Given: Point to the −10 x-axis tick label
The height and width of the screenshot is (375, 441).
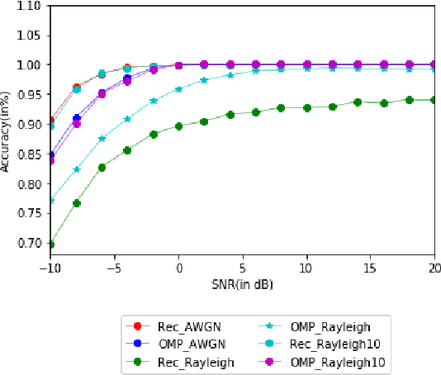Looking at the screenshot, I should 51,268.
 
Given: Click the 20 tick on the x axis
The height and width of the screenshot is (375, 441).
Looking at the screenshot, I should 434,268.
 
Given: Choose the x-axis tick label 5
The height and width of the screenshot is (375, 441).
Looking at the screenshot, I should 243,268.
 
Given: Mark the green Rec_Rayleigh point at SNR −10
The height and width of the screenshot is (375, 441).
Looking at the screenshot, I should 51,244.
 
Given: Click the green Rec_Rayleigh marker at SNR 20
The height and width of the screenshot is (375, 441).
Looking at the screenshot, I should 434,100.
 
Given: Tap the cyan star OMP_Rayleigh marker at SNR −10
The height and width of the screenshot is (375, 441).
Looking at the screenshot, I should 51,201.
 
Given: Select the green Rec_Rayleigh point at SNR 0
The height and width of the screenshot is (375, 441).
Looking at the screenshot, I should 178,126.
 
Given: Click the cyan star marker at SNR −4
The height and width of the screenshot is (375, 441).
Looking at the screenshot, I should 127,119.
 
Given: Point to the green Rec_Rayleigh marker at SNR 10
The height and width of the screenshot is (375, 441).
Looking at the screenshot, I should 306,107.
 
